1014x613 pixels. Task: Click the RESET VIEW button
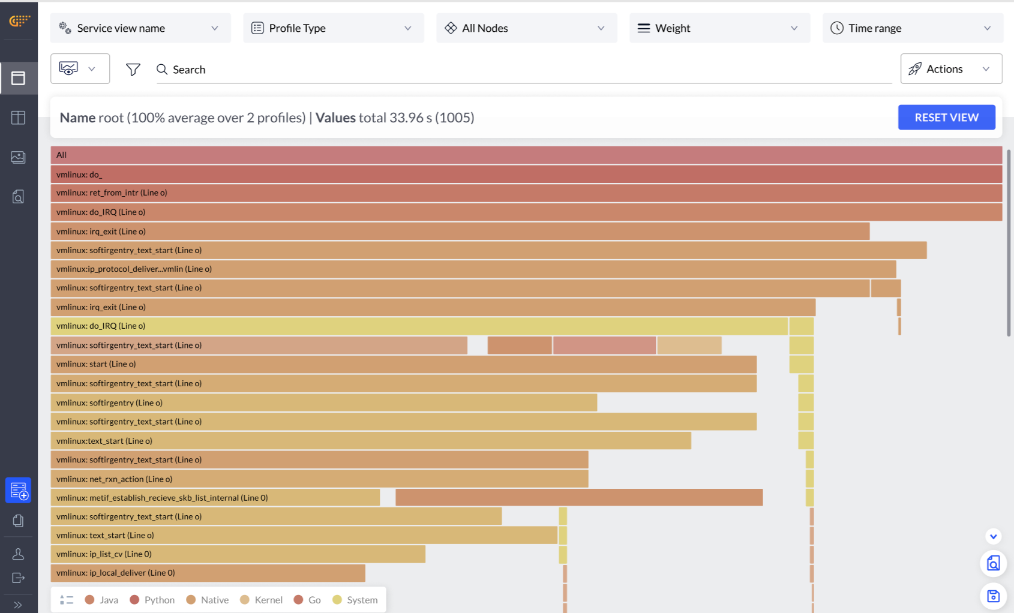pos(946,118)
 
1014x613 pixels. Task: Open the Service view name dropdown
pos(140,28)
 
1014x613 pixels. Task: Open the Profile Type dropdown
pos(333,28)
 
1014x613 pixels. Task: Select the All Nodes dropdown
pos(526,28)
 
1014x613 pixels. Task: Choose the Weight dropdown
pos(719,28)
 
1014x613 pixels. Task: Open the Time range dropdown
pos(912,28)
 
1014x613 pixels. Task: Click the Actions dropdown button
pos(950,69)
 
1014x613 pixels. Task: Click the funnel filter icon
pos(133,70)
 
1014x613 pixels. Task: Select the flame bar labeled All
pos(526,155)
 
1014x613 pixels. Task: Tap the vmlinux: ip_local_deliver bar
pos(208,573)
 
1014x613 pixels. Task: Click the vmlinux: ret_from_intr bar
pos(526,193)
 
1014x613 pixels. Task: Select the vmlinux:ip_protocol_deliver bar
pos(473,269)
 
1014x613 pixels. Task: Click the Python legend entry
pos(152,600)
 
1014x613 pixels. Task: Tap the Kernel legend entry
pos(262,600)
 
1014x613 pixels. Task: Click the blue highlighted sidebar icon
pos(19,491)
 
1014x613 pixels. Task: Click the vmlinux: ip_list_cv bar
pos(238,554)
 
